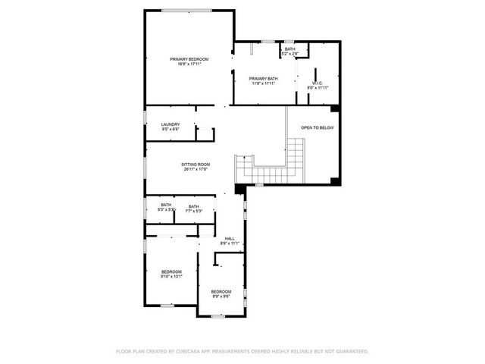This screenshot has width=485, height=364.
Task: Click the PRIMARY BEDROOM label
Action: (x=189, y=59)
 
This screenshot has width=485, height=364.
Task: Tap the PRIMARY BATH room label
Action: (x=263, y=78)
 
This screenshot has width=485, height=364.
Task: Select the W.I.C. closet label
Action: (x=318, y=83)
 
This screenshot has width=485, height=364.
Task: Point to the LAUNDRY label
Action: (x=170, y=124)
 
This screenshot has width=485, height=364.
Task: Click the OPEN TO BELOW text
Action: (x=317, y=128)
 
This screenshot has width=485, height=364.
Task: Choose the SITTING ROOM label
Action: (x=196, y=165)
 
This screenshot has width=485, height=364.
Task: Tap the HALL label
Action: (x=230, y=239)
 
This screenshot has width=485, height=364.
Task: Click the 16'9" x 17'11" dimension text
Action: (x=189, y=64)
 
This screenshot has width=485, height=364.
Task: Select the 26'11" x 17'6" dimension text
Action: (x=196, y=170)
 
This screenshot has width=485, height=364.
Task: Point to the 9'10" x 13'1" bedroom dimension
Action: (x=171, y=277)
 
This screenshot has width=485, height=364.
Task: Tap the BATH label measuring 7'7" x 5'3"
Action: (x=194, y=206)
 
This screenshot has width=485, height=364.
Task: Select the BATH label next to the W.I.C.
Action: (x=290, y=49)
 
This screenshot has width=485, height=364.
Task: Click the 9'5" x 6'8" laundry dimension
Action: (x=170, y=130)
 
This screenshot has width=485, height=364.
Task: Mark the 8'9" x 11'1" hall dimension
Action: (x=230, y=244)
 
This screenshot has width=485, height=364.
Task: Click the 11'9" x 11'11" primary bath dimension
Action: (x=263, y=83)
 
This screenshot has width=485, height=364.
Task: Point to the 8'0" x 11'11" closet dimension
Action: (x=318, y=89)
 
